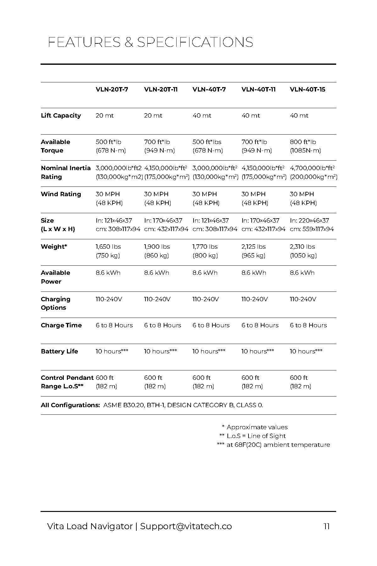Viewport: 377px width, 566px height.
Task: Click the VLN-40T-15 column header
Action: click(307, 90)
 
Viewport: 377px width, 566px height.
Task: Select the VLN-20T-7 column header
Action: click(112, 90)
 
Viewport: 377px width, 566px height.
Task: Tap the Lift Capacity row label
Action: click(61, 116)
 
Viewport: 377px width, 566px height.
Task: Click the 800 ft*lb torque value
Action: click(303, 142)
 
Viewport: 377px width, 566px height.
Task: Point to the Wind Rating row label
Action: click(61, 194)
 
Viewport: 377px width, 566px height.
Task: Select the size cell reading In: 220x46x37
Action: click(309, 221)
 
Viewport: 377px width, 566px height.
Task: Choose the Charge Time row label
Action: click(61, 325)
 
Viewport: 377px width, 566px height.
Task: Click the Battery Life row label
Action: click(59, 352)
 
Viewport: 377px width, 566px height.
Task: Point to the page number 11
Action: click(326, 526)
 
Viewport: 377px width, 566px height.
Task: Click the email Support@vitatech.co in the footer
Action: click(186, 526)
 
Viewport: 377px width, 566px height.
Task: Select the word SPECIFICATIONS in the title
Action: click(195, 42)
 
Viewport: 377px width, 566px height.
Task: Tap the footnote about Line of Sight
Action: click(253, 436)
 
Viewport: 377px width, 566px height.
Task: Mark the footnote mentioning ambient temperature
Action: click(273, 445)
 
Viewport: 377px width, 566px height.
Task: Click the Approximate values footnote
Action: click(255, 427)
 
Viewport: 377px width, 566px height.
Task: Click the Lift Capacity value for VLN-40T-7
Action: click(202, 116)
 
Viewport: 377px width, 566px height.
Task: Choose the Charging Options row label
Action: click(56, 303)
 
